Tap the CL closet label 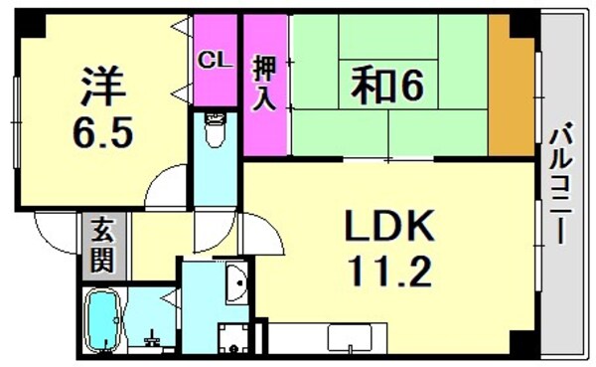point(215,59)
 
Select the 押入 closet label point(265,86)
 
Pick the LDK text point(389,228)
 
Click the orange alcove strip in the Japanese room point(509,86)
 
